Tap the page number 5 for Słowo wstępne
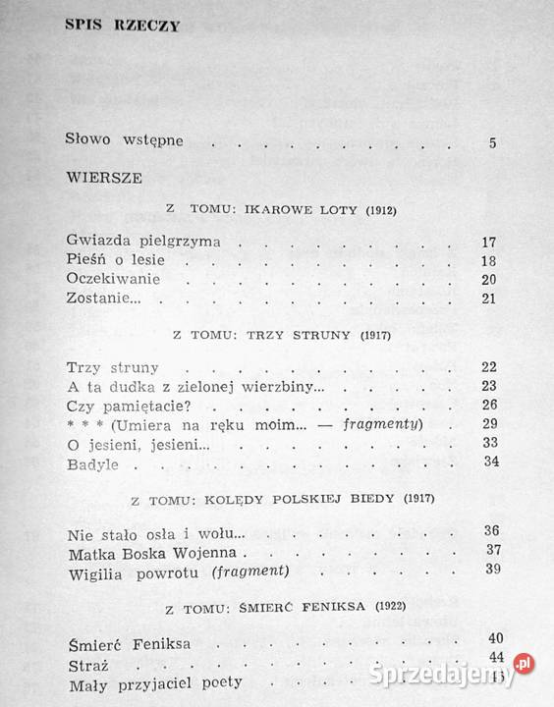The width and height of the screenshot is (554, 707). [x=491, y=142]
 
